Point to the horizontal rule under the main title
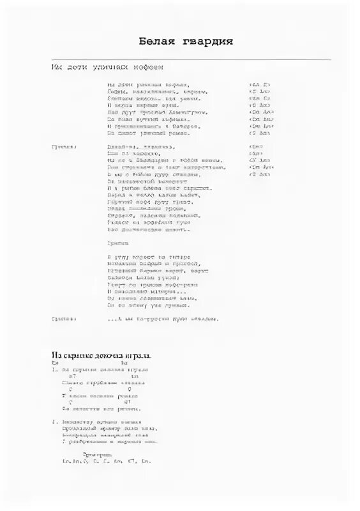tap(191, 59)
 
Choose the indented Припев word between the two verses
tap(117, 243)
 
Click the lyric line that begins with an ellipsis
tap(163, 318)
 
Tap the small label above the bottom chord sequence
tap(94, 453)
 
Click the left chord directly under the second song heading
tap(56, 363)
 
